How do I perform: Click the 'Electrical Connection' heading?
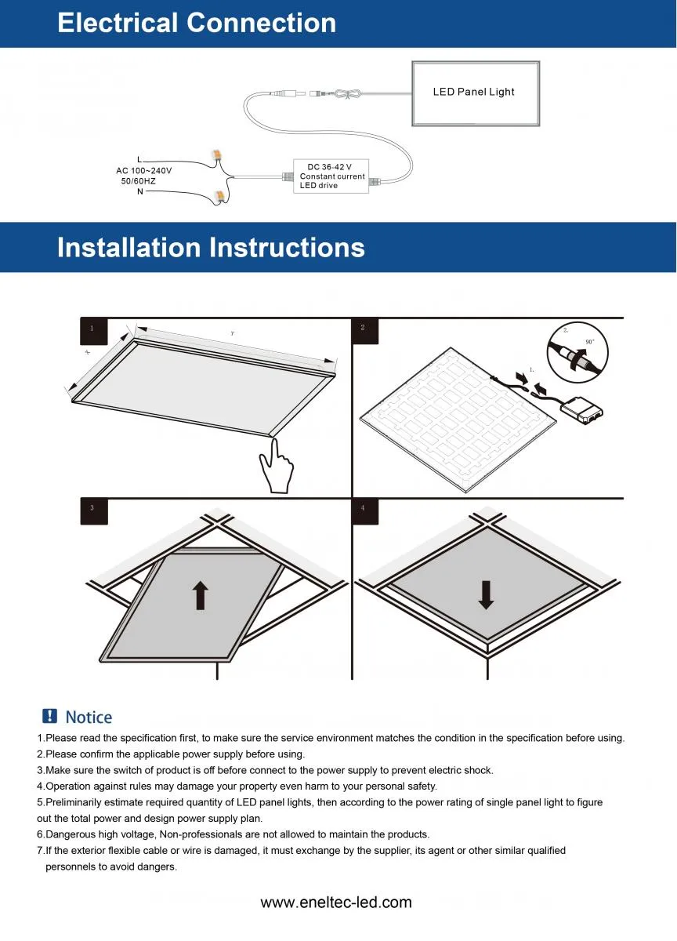197,23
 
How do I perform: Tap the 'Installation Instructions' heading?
211,248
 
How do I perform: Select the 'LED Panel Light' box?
475,93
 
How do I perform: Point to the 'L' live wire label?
139,160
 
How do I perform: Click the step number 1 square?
93,330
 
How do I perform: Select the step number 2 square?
364,330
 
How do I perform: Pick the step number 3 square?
93,510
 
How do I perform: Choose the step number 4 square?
364,510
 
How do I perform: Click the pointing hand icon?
276,467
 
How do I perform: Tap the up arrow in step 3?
201,595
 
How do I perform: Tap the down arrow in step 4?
486,595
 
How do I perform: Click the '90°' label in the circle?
589,342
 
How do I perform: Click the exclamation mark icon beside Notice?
49,716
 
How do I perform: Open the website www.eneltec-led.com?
335,902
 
